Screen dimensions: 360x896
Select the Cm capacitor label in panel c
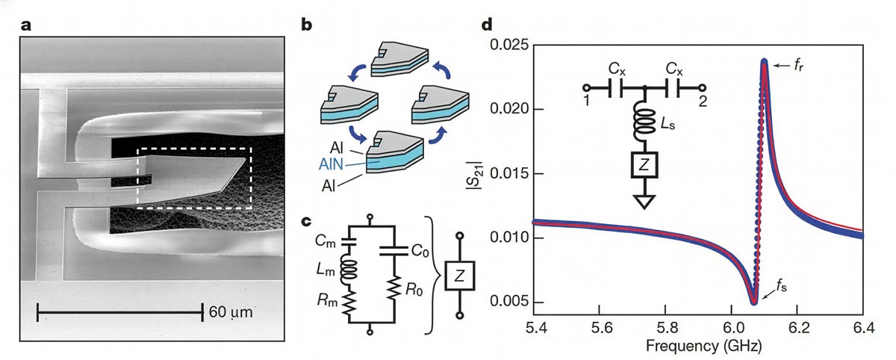point(325,239)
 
